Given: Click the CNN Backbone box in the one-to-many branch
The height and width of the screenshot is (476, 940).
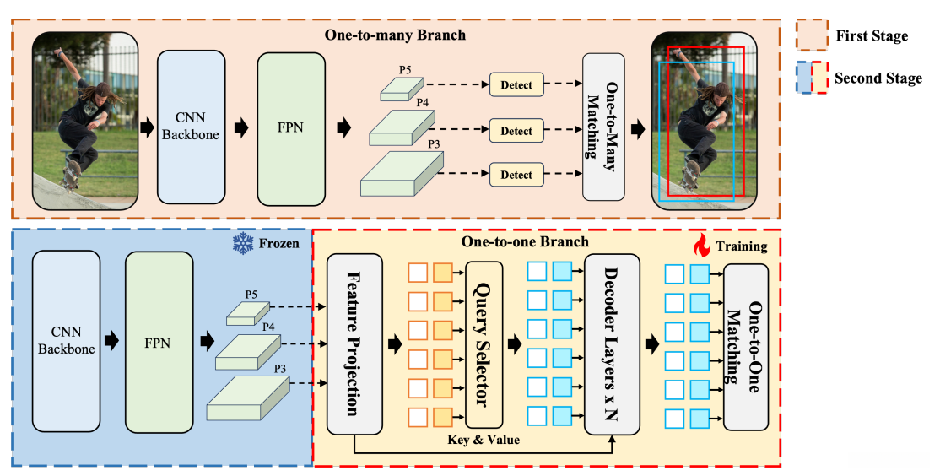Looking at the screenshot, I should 192,127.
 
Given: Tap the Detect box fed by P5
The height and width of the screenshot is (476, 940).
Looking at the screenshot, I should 517,84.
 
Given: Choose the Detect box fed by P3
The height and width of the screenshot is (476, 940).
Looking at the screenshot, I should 517,175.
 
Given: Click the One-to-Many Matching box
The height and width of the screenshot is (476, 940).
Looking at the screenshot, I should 604,127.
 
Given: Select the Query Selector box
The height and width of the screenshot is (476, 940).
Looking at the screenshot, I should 484,343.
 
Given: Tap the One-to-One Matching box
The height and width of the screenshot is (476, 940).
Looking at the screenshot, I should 745,346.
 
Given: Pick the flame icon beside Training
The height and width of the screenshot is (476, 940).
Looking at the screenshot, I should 701,246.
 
